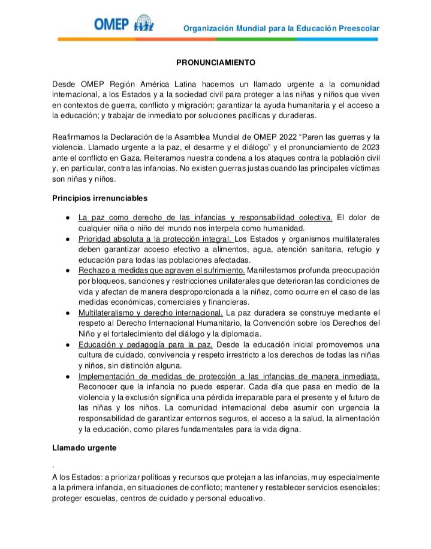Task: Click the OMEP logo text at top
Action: (111, 24)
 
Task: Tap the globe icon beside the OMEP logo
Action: (144, 23)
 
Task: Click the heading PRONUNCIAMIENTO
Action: (216, 62)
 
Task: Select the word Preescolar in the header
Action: (357, 28)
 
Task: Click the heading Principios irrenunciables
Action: (100, 197)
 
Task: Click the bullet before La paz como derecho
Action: (70, 217)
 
